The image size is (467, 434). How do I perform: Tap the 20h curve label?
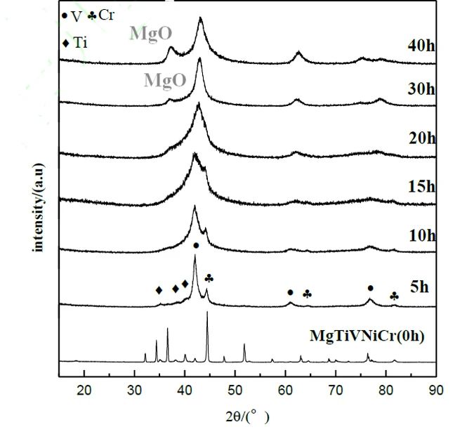coord(421,138)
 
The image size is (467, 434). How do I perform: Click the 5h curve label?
coord(419,287)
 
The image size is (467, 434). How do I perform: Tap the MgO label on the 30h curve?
coord(165,79)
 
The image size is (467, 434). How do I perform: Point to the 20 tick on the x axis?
coord(85,391)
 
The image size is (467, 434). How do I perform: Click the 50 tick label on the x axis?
coord(236,391)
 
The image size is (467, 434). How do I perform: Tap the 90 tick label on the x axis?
coord(436,391)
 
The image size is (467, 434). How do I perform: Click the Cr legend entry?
coord(102,15)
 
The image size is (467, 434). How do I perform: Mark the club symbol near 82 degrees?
coord(394,296)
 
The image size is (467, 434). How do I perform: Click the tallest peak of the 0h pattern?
coord(207,313)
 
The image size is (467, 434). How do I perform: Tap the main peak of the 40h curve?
coord(201,19)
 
